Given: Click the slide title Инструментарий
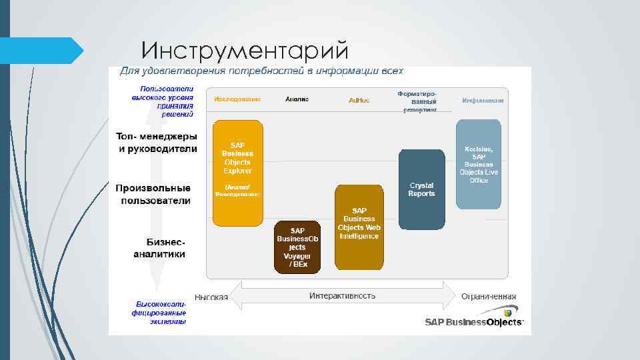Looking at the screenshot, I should click(x=245, y=49).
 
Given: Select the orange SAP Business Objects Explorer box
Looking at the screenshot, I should click(x=237, y=173).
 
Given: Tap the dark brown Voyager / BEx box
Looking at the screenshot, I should click(x=297, y=247).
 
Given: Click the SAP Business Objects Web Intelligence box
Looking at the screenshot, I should click(x=359, y=227).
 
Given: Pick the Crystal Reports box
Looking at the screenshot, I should click(x=421, y=189).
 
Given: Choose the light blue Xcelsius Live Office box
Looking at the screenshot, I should click(x=478, y=164).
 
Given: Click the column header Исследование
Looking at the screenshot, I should click(x=237, y=99).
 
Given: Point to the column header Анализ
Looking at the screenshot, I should click(x=297, y=99).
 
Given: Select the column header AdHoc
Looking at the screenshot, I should click(x=359, y=100).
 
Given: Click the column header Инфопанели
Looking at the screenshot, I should click(x=483, y=100).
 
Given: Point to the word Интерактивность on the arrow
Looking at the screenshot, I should click(x=342, y=295).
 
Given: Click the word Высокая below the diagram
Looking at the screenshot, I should click(x=211, y=297).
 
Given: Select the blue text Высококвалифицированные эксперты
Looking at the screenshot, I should click(x=159, y=312).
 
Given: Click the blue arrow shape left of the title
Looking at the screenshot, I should click(x=40, y=51).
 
